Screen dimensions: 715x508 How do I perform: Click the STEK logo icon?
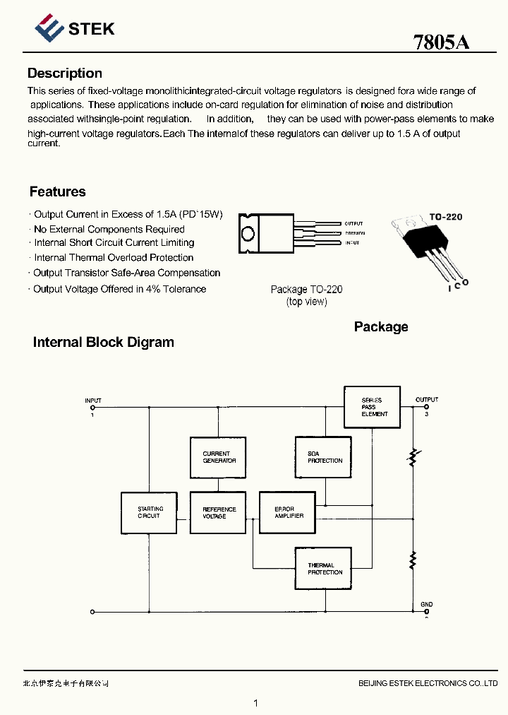coord(49,29)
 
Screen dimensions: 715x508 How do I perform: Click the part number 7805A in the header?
coord(441,42)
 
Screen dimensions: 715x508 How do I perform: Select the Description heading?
coord(65,73)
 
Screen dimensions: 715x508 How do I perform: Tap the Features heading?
coord(58,191)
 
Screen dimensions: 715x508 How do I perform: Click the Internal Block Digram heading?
coord(104,343)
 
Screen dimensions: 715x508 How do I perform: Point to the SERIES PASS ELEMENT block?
coord(372,407)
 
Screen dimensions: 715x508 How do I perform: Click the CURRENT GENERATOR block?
coord(219,457)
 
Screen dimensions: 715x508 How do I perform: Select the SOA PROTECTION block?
coord(323,457)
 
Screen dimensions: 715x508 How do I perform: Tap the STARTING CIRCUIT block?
coord(149,512)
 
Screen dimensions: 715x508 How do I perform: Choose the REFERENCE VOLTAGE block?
coord(218,512)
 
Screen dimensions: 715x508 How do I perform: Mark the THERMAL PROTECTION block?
coord(323,569)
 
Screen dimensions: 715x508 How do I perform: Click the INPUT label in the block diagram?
coord(93,401)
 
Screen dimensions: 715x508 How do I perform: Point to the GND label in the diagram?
coord(427,605)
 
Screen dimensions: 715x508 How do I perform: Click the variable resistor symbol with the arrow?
coord(413,457)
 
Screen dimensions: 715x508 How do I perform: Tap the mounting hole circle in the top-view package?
coord(248,234)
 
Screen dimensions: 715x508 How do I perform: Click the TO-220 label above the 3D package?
coord(446,217)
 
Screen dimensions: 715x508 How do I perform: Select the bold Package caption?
coord(381,327)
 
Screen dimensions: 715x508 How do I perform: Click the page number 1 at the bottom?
coord(255,703)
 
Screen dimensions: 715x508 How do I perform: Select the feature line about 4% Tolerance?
coord(119,289)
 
